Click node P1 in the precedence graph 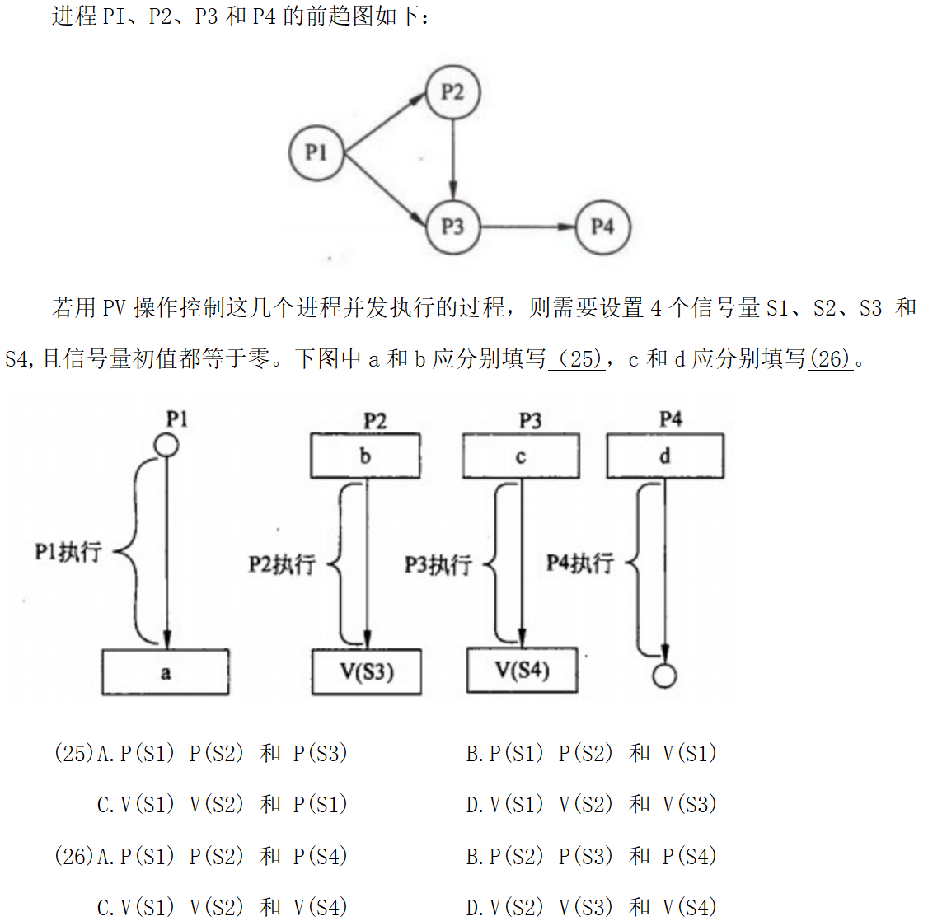click(x=316, y=153)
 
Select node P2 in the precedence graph click(x=452, y=91)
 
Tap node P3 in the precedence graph click(x=452, y=227)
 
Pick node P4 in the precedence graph click(x=602, y=227)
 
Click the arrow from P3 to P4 click(x=527, y=227)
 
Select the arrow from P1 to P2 click(x=384, y=123)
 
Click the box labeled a click(x=165, y=672)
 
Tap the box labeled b click(x=365, y=456)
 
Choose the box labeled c click(x=521, y=456)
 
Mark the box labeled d click(x=665, y=456)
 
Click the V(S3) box click(x=367, y=672)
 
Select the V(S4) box click(x=522, y=670)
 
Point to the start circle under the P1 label click(x=167, y=446)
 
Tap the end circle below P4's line click(x=664, y=676)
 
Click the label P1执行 click(x=68, y=552)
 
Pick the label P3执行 click(x=438, y=564)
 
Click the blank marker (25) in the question click(x=577, y=359)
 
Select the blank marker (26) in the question click(x=830, y=359)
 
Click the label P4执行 click(x=580, y=563)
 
